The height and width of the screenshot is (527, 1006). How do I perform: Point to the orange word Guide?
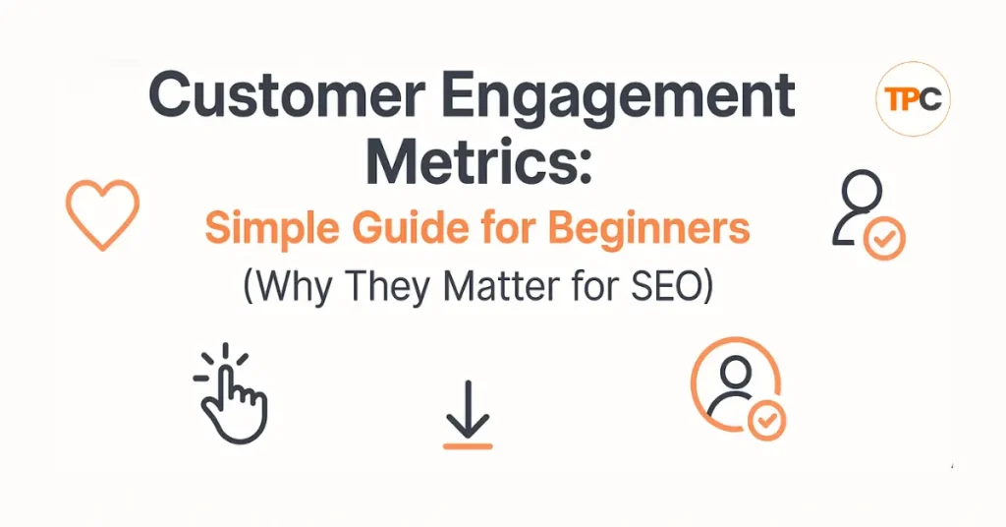point(405,228)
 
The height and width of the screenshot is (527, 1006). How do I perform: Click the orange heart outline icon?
point(101,212)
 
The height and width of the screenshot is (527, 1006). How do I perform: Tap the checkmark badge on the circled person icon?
point(766,421)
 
